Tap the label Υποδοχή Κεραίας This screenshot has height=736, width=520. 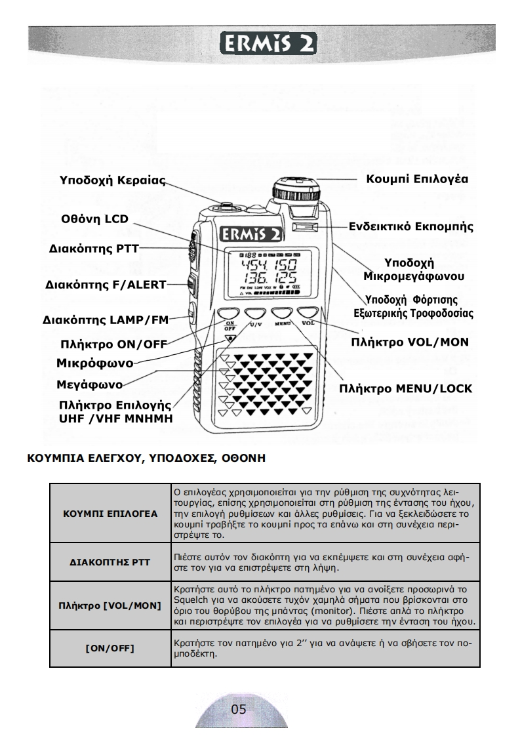pos(113,180)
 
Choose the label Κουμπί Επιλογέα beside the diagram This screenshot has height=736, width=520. pos(417,178)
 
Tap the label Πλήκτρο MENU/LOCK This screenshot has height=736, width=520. pos(405,388)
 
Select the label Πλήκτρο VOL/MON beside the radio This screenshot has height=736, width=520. pos(410,342)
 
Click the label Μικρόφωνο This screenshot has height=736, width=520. pos(94,363)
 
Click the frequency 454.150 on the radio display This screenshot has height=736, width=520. pos(268,266)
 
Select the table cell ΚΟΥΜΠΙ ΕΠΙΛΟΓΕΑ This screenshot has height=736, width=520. pos(110,514)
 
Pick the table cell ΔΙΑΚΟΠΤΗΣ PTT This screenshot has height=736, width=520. pos(110,562)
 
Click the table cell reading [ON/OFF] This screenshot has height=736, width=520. pos(110,648)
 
